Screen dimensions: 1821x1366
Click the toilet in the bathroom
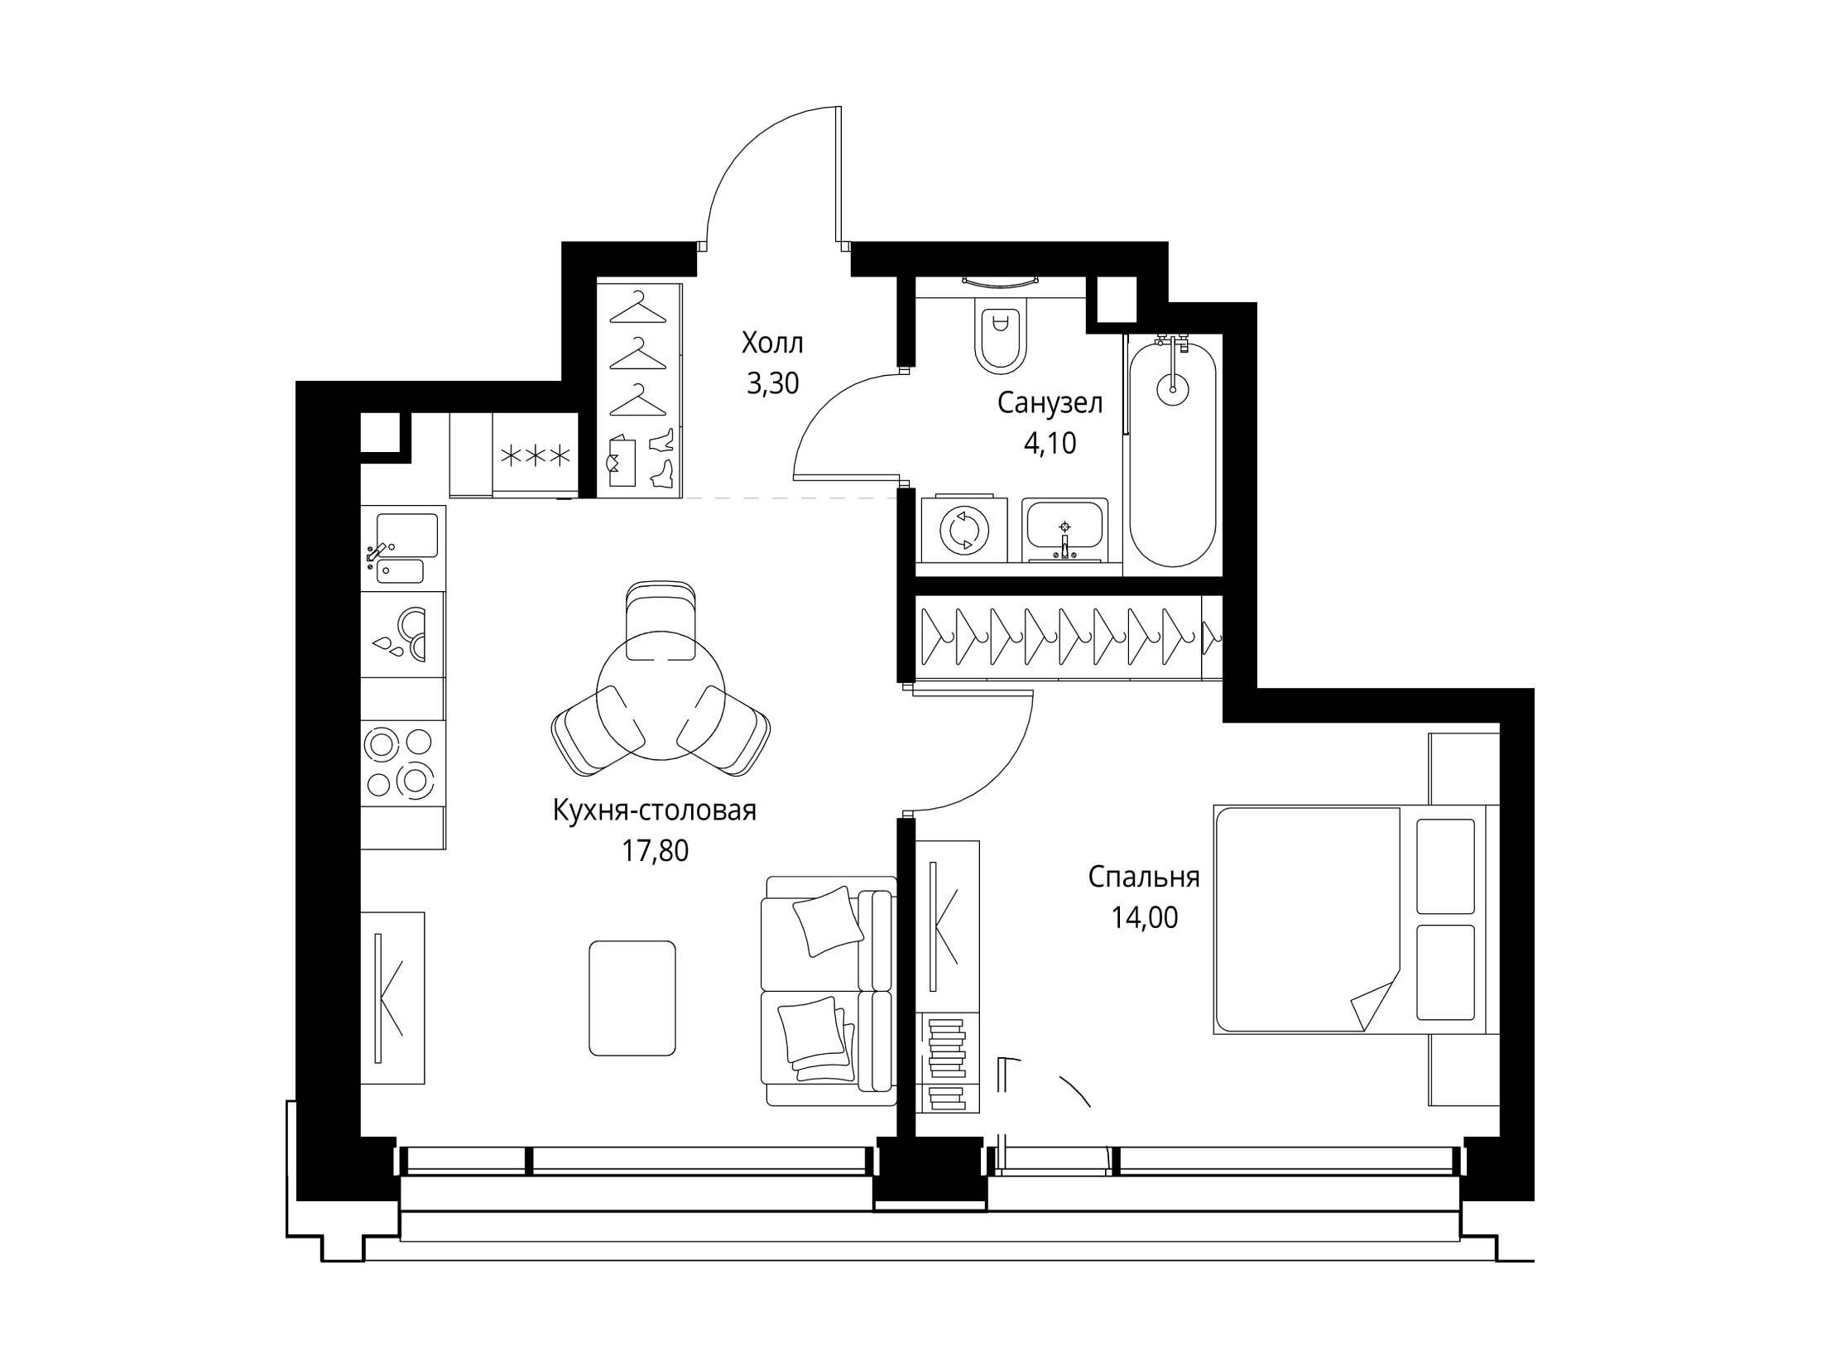[1001, 331]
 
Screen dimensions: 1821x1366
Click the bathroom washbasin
[1064, 529]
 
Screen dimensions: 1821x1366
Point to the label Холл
[772, 342]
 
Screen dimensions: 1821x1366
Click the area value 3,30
[772, 383]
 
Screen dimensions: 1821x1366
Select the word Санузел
[1050, 403]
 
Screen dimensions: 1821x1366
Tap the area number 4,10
[1050, 445]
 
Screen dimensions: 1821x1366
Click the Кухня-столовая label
[654, 810]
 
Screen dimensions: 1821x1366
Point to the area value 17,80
[655, 851]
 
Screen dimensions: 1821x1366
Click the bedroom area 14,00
[1144, 918]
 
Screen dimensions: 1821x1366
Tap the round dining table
[661, 699]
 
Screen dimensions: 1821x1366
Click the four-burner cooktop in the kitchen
[401, 762]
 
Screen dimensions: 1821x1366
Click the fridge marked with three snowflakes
[536, 455]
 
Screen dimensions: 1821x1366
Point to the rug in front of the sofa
[632, 998]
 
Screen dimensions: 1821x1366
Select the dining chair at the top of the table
[661, 620]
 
